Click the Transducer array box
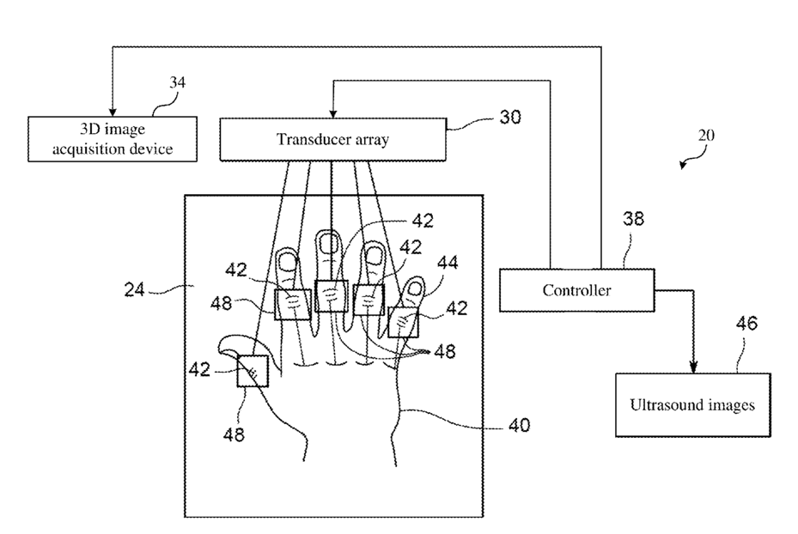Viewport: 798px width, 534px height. click(332, 140)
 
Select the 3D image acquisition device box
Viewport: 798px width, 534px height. click(113, 139)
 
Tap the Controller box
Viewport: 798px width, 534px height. click(576, 290)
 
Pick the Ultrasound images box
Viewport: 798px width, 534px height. click(692, 405)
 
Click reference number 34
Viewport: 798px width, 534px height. click(177, 82)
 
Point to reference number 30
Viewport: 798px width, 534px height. click(510, 118)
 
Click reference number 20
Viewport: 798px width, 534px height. click(706, 136)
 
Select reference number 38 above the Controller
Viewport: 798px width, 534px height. click(634, 219)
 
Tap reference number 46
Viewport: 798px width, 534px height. click(746, 324)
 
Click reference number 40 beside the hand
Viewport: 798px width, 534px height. click(520, 425)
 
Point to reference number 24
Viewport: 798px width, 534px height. click(134, 290)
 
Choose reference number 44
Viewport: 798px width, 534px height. click(448, 263)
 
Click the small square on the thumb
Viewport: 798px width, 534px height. click(253, 371)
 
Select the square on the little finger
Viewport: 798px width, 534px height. click(403, 323)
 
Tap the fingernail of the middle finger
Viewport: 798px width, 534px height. click(329, 245)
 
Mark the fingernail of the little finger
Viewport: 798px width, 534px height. click(415, 288)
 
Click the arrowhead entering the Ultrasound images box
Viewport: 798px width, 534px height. click(693, 367)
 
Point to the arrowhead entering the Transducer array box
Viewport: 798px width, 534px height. click(332, 113)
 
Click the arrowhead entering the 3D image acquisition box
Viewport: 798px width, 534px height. click(113, 112)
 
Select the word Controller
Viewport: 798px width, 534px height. click(576, 290)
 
